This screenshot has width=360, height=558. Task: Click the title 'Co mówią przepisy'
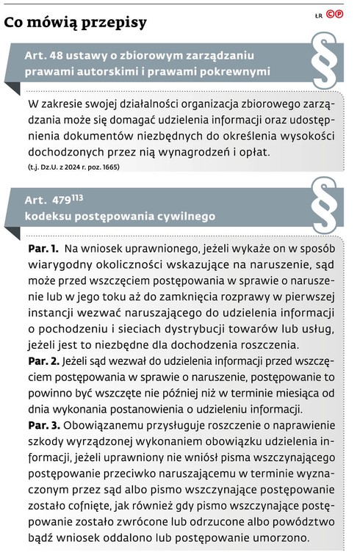pyautogui.click(x=76, y=22)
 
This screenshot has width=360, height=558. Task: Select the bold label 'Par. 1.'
pyautogui.click(x=43, y=250)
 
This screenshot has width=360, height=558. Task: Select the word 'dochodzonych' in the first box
pyautogui.click(x=63, y=152)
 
